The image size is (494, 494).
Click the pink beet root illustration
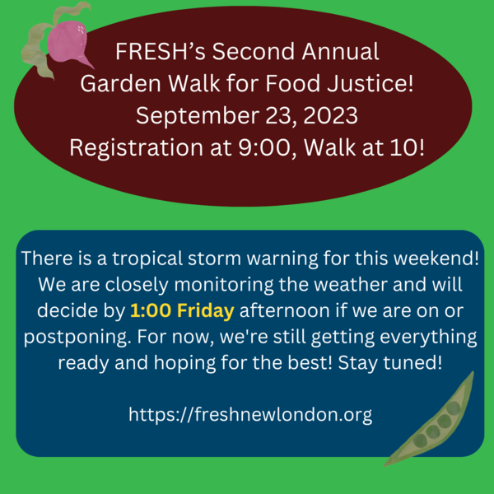tap(68, 43)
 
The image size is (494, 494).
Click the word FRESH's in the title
tap(161, 51)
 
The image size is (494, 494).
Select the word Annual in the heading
tap(340, 51)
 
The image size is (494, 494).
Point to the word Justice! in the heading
tap(370, 83)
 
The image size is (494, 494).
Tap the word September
tap(198, 116)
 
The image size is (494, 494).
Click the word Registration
tap(137, 148)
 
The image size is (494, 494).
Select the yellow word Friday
tap(205, 311)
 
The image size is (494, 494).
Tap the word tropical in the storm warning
tap(147, 259)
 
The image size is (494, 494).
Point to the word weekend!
tap(436, 258)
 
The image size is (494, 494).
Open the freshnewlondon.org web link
tap(250, 414)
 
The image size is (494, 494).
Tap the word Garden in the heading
tap(121, 83)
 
